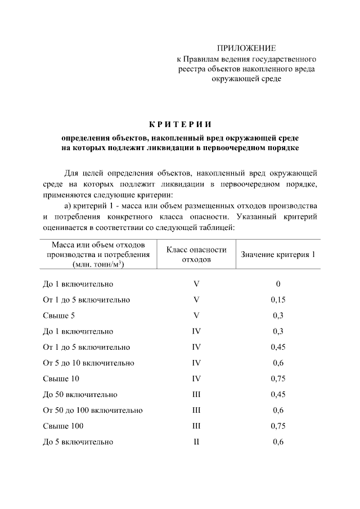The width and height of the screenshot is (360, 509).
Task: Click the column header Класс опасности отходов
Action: coord(196,255)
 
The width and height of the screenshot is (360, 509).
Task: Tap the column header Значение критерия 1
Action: coord(278,255)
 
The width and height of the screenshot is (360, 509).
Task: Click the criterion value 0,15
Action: coord(278,300)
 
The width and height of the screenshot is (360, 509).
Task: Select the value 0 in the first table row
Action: coord(278,284)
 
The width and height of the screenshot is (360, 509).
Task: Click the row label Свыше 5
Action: coord(59,316)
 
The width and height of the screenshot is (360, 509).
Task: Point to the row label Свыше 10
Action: coord(61,379)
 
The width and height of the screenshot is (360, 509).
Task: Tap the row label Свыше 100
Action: coord(63,426)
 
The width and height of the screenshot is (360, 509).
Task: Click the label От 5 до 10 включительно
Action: coord(88,363)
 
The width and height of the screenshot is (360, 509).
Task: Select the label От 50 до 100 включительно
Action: coord(93,410)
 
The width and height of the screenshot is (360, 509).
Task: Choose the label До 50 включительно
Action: coord(80,394)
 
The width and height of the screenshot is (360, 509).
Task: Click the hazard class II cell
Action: coord(196,442)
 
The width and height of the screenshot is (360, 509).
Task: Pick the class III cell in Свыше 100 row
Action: coord(196,426)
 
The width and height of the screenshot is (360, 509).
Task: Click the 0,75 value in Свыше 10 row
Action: coord(278,379)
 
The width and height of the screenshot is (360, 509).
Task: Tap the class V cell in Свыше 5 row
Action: coord(196,316)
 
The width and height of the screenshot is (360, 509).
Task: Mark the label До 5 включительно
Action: coord(78,442)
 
